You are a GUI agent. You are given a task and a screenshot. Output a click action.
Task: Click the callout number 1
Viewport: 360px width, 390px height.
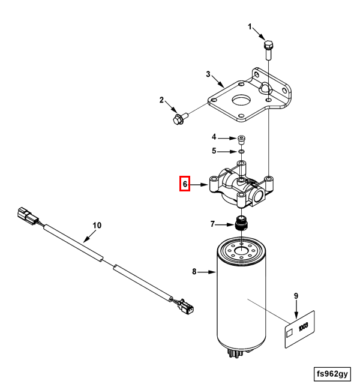250,26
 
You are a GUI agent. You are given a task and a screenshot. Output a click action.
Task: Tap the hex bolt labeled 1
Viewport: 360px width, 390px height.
268,50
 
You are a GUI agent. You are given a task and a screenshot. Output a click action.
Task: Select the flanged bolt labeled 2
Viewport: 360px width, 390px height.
179,118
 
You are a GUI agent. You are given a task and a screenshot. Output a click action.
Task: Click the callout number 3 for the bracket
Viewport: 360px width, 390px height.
208,74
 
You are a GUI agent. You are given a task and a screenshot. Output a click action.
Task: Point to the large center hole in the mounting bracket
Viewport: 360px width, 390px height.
242,100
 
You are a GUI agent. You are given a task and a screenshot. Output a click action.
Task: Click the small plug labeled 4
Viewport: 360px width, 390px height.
241,140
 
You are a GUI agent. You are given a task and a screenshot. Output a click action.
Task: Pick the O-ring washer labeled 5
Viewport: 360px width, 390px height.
241,151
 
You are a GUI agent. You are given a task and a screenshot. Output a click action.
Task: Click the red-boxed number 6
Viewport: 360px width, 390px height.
185,184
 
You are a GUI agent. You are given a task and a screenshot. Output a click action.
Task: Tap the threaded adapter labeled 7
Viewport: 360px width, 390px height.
242,223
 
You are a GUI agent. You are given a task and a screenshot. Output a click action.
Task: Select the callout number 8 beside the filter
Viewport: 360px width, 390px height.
194,272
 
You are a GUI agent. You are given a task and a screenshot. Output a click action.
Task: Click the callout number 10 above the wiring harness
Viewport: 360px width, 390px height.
97,226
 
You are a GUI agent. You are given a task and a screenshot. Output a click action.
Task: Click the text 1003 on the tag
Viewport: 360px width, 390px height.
303,326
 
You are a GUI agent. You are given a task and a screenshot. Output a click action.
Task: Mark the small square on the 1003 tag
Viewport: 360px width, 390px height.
289,333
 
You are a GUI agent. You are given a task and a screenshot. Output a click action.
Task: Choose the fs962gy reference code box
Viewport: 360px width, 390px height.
332,374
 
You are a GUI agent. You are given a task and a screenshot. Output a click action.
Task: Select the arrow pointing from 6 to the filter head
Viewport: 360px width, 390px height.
199,185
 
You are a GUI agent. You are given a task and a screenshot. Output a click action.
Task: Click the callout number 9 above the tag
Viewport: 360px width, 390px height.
296,296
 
